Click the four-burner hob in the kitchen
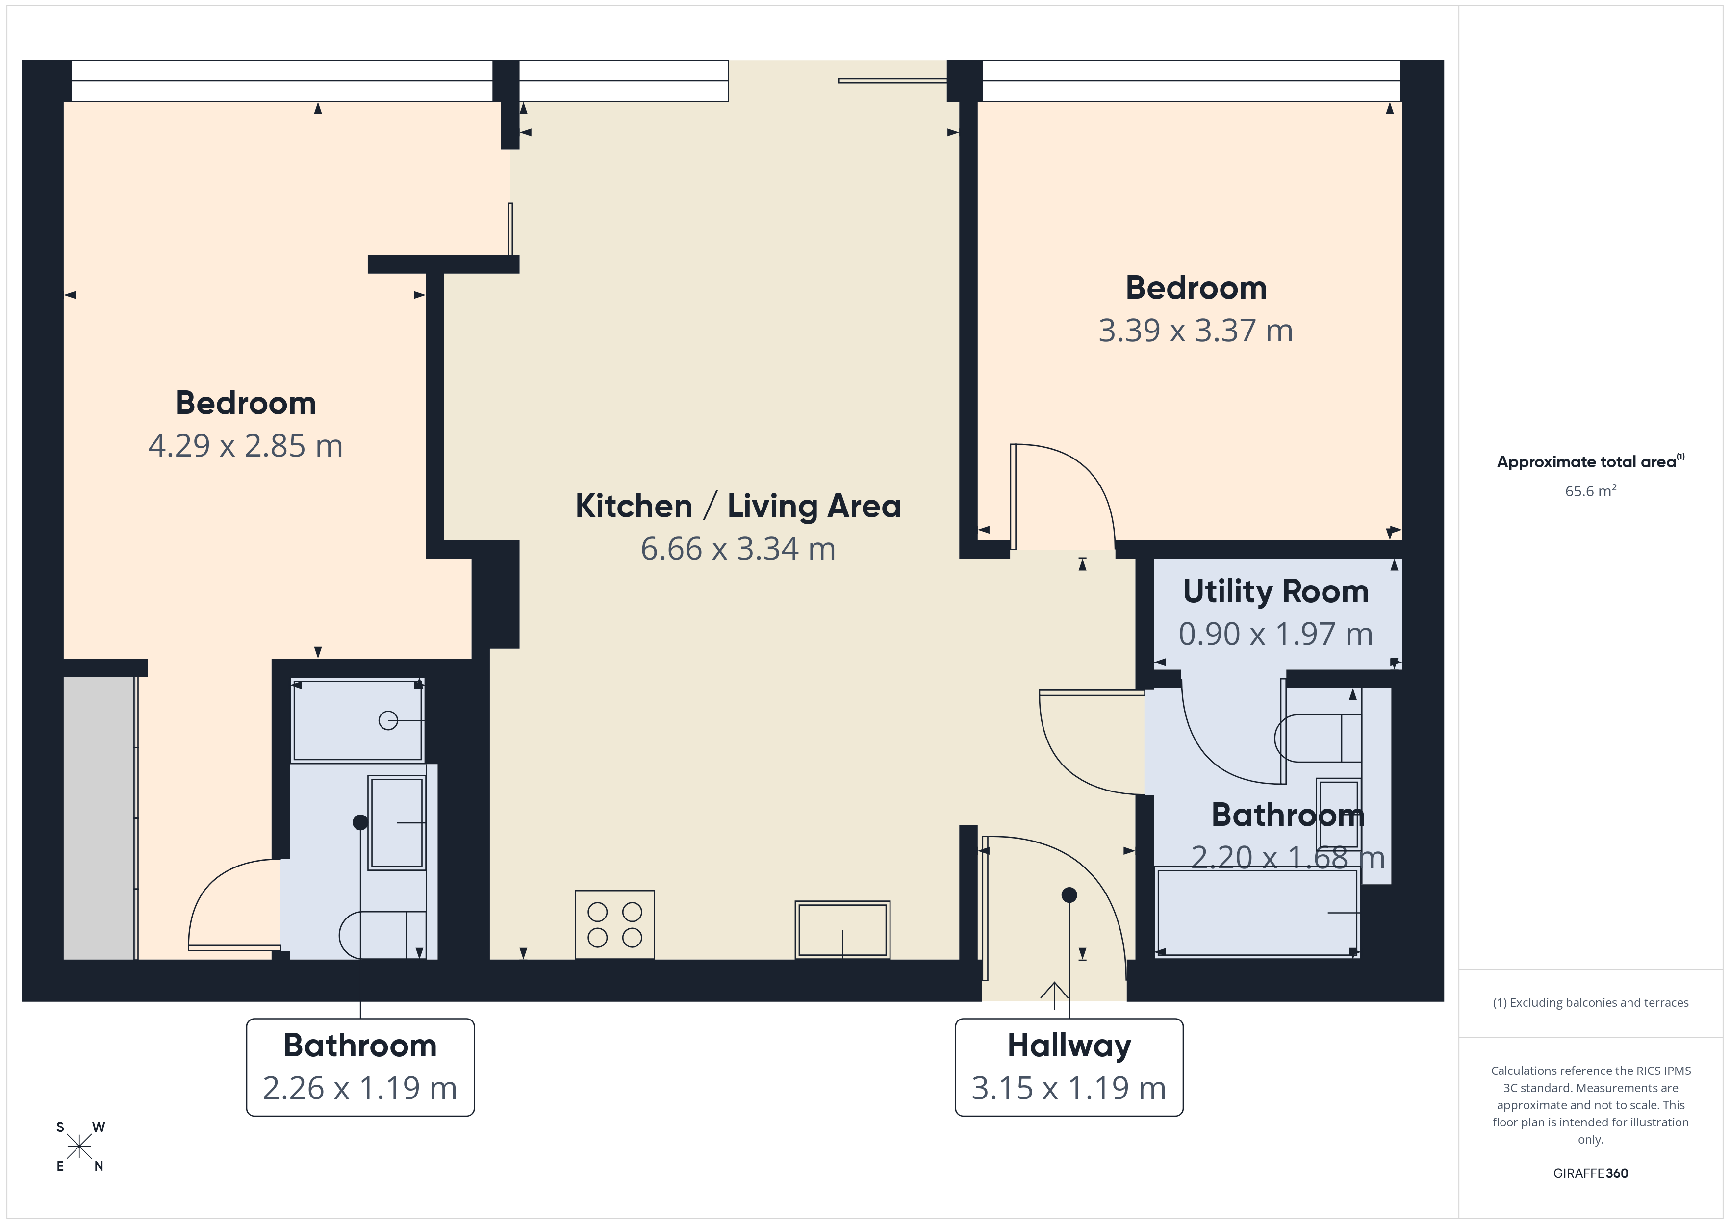(x=614, y=924)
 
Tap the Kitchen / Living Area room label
(x=738, y=506)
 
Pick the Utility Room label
(x=1275, y=592)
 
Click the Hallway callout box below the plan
(x=1069, y=1067)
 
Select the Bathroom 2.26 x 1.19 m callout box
(x=360, y=1067)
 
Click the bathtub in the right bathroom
(x=1256, y=913)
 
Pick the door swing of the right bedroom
(x=1063, y=494)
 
